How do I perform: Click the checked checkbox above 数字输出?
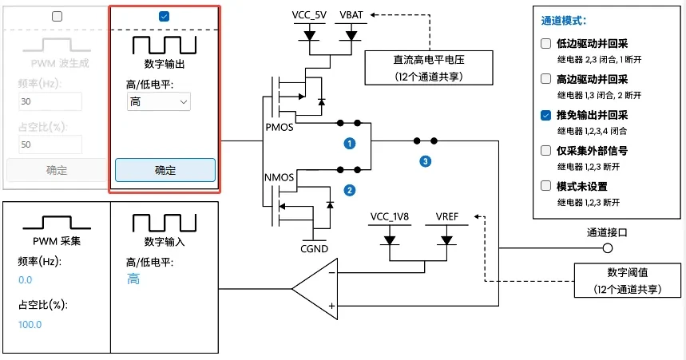point(164,16)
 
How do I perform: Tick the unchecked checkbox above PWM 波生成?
point(57,16)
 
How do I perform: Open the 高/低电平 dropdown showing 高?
point(159,101)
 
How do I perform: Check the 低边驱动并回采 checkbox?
point(546,43)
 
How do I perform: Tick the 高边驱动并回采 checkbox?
point(546,79)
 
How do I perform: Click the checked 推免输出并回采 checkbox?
point(546,115)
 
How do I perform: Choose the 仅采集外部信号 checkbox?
point(546,150)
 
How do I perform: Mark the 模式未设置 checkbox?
point(546,186)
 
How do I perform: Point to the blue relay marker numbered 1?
point(349,144)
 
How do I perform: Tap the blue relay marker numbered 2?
point(349,190)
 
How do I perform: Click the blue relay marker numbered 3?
point(425,161)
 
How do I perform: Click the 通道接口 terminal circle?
point(607,247)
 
